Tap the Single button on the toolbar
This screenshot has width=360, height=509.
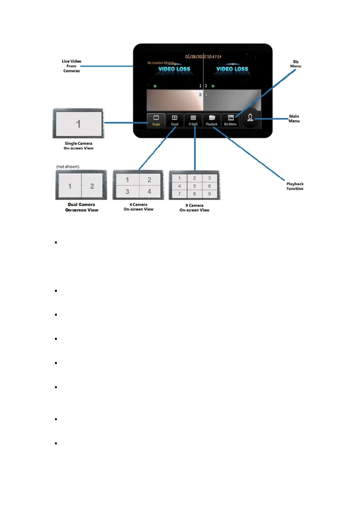point(156,120)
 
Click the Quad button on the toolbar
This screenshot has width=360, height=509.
point(175,120)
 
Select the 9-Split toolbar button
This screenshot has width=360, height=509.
point(193,120)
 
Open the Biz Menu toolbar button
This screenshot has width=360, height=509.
point(230,120)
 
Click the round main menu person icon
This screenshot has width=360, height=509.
point(250,118)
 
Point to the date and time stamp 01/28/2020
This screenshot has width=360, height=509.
point(203,56)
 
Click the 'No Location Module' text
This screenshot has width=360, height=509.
point(161,63)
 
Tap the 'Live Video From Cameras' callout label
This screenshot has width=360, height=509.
point(72,66)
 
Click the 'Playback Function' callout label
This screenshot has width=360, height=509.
point(295,186)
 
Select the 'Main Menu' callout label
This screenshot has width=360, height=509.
point(294,118)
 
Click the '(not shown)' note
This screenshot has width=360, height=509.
point(68,167)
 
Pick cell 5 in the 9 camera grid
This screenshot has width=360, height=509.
point(194,186)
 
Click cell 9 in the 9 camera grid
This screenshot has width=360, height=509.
point(209,194)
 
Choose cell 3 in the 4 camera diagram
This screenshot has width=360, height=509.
point(127,192)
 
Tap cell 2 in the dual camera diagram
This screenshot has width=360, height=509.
point(92,186)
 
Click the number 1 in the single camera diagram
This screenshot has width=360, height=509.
point(78,124)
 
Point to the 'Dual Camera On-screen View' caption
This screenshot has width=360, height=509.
point(82,207)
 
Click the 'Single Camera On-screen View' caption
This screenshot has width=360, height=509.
point(79,146)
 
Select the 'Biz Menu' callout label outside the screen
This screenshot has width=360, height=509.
point(296,64)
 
